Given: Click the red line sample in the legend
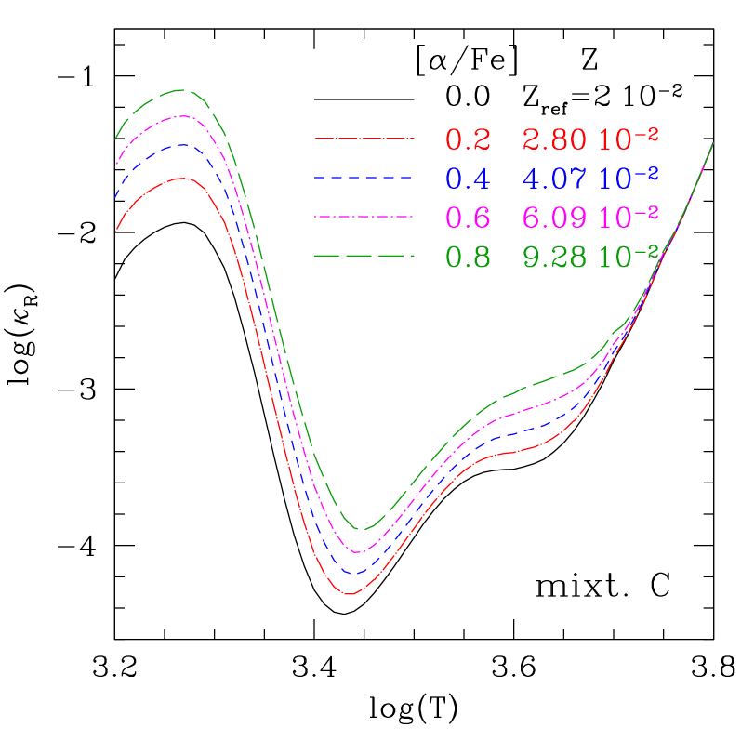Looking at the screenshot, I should pos(363,139).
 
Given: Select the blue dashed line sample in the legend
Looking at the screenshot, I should pos(363,177).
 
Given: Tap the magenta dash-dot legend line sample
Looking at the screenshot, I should pos(363,216).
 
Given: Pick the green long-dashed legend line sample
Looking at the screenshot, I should pos(363,255).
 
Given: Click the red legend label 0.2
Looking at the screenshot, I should pos(468,139).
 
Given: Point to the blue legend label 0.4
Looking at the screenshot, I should pos(468,178).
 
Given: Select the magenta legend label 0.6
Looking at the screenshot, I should pos(468,217).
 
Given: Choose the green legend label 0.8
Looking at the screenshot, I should pos(468,256).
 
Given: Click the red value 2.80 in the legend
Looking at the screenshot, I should pos(555,139).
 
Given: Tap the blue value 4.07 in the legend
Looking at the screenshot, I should pos(555,178).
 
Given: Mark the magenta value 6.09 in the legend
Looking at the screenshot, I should pos(555,217).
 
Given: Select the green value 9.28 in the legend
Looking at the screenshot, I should pos(555,256).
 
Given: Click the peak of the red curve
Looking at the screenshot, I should pos(183,178).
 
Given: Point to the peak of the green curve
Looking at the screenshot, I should pos(183,90).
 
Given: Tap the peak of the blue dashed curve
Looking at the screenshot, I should pos(183,145).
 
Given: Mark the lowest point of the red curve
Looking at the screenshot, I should pos(350,593).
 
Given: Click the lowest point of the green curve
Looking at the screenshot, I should pos(363,529).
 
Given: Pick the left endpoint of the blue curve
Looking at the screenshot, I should pos(115,197).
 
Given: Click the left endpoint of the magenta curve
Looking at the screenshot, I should pos(115,165).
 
